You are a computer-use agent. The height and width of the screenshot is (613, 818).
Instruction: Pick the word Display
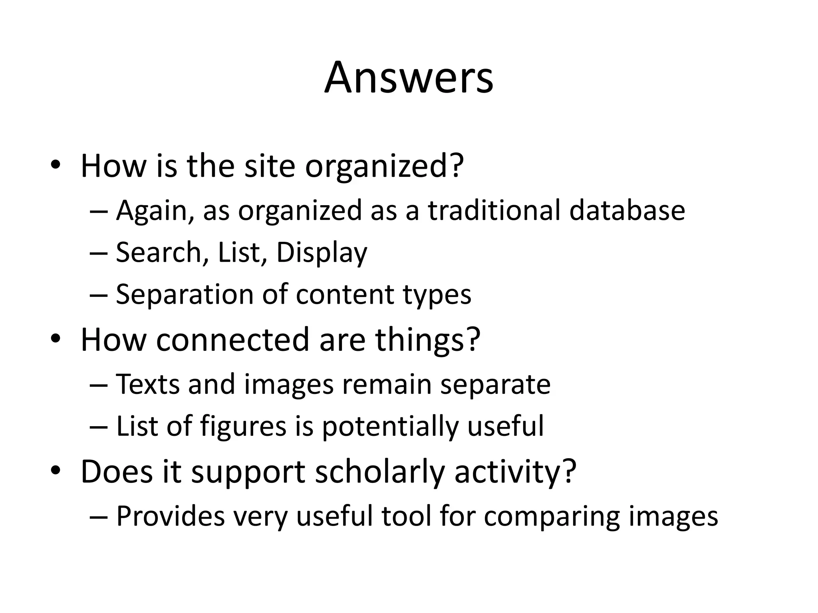pyautogui.click(x=322, y=253)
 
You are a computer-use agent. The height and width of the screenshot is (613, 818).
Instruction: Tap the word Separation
pyautogui.click(x=184, y=295)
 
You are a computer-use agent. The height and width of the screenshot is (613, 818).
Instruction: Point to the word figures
pyautogui.click(x=243, y=426)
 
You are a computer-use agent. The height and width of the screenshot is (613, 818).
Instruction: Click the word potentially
pyautogui.click(x=390, y=426)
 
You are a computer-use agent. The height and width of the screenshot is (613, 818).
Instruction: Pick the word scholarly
pyautogui.click(x=380, y=472)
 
